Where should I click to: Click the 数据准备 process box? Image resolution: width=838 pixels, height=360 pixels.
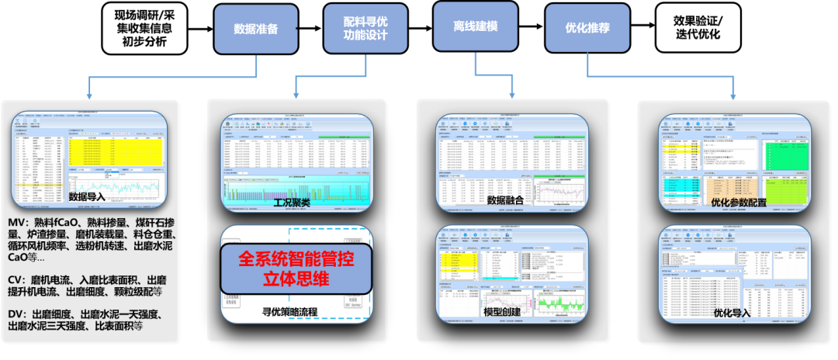[x=255, y=29]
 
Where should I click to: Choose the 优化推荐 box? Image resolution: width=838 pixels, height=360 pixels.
[x=587, y=28]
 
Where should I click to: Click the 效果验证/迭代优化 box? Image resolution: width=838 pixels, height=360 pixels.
[x=698, y=28]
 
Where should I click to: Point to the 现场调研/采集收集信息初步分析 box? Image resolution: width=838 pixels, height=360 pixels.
[x=145, y=29]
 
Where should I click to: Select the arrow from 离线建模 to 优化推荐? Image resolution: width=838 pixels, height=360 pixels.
[x=532, y=29]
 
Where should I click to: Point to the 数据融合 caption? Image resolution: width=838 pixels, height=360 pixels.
[x=506, y=201]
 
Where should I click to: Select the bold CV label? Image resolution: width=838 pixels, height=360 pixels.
[x=16, y=279]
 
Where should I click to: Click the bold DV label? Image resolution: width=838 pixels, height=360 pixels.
[x=16, y=313]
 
